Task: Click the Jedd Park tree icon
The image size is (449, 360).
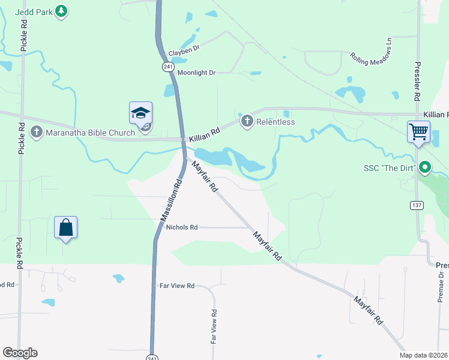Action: [x=61, y=11]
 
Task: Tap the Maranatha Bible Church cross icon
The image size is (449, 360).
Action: [x=36, y=131]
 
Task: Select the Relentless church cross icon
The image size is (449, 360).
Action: [x=246, y=122]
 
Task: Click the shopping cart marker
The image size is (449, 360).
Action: [x=418, y=131]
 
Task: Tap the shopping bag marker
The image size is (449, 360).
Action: [x=66, y=227]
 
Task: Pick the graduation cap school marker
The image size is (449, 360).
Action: [x=140, y=113]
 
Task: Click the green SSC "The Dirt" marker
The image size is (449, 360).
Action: [x=426, y=167]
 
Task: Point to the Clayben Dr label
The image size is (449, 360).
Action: [x=184, y=51]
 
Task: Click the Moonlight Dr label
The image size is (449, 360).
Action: [x=196, y=73]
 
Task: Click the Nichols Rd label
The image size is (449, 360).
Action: [x=182, y=227]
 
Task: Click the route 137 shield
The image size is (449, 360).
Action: [x=416, y=205]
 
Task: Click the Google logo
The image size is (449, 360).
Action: [x=20, y=353]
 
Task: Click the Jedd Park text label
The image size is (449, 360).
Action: [x=33, y=11]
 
